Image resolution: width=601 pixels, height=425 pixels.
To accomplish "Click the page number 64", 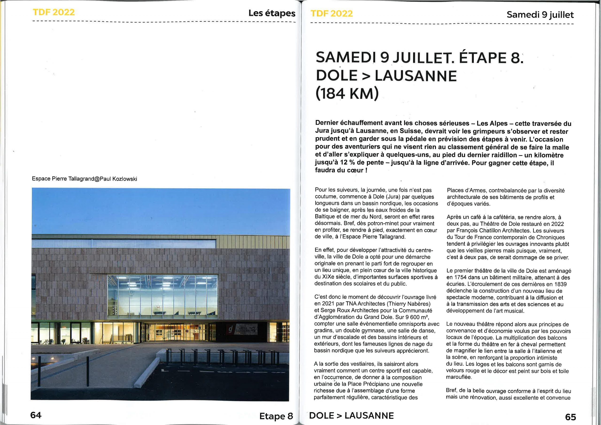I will point(36,415).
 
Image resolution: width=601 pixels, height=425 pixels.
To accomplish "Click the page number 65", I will point(571,417).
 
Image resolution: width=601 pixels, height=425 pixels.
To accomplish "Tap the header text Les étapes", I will point(272,13).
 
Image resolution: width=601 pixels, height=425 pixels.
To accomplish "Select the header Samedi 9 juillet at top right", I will point(540,15).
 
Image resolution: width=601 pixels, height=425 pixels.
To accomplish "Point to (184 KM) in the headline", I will point(347,94).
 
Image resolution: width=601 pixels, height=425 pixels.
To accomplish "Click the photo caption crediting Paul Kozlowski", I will point(84,179).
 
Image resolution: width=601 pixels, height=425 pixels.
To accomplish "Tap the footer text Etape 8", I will point(276,416).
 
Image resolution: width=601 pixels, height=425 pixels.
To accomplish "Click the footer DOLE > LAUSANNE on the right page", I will point(351,416).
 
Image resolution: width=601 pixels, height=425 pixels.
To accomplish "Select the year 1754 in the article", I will point(459,278).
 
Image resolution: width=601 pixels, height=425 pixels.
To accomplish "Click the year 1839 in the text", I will point(560,284).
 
